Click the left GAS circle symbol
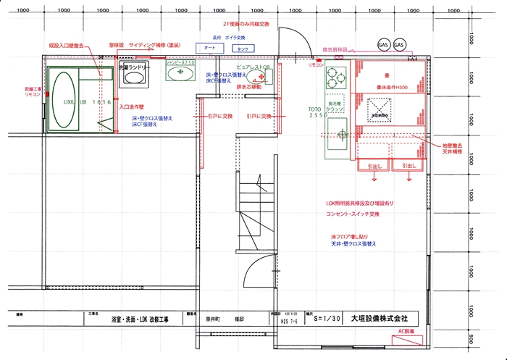point(383,45)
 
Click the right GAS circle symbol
point(400,45)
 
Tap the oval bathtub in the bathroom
point(63,101)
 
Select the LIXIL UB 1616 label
point(87,102)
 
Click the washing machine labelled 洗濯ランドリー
point(134,74)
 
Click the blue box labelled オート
point(211,48)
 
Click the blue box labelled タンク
point(243,48)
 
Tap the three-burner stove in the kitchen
point(335,75)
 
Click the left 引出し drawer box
point(374,165)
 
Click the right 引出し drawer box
point(408,165)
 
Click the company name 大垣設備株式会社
point(379,317)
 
